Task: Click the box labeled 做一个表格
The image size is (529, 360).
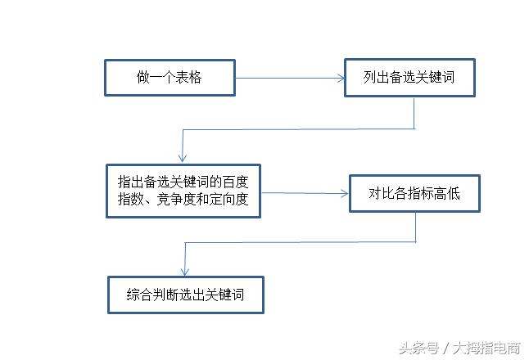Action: click(170, 78)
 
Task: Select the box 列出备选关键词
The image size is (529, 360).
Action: click(409, 78)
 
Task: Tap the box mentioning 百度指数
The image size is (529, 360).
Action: click(183, 191)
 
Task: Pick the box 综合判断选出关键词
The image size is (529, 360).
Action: click(186, 295)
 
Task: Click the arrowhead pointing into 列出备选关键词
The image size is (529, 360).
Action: click(341, 79)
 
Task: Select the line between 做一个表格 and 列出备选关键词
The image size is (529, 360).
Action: click(287, 79)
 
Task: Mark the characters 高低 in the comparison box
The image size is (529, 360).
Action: click(449, 195)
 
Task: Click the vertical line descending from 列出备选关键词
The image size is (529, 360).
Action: click(414, 113)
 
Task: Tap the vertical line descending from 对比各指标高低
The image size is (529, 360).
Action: click(416, 227)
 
